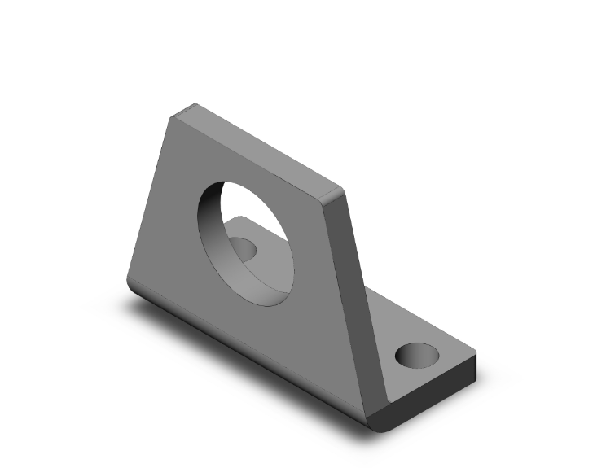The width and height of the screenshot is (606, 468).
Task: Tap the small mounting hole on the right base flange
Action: click(x=416, y=355)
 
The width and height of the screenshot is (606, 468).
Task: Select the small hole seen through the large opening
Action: click(x=243, y=247)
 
